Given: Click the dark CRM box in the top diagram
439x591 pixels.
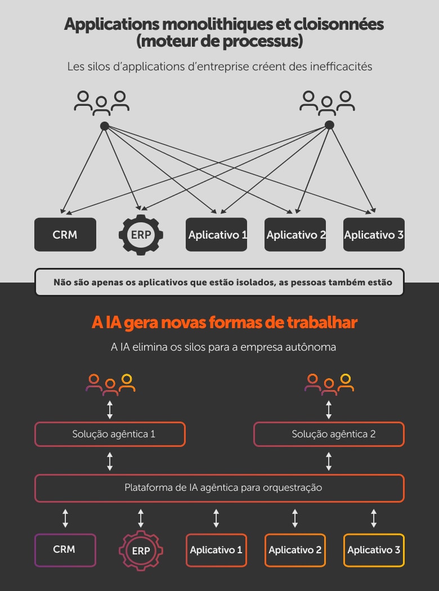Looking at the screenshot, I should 65,234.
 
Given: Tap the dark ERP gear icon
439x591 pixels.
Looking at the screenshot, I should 141,235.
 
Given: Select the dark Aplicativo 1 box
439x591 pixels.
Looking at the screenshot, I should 217,234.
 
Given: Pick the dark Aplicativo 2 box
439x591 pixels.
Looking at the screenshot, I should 295,234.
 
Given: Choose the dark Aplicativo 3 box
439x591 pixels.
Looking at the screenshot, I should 374,234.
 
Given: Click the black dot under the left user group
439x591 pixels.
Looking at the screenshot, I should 104,126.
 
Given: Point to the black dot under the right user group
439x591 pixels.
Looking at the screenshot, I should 329,125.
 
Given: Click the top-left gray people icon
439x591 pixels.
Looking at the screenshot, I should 102,101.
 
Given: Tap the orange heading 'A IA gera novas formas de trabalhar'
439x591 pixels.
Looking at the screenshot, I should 224,323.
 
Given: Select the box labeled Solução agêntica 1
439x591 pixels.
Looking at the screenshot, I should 110,434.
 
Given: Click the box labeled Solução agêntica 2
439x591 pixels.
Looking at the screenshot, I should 329,434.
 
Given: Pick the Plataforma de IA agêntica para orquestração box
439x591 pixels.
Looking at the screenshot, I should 219,488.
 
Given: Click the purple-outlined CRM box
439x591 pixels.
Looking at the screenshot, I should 65,549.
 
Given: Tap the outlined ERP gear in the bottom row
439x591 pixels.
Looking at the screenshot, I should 141,550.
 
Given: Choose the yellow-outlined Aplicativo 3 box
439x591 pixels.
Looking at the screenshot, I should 374,550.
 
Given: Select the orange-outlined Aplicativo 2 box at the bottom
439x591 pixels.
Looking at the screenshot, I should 295,550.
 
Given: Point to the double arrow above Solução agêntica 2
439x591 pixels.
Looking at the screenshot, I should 329,409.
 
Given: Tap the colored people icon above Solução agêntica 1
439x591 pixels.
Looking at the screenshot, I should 110,383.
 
